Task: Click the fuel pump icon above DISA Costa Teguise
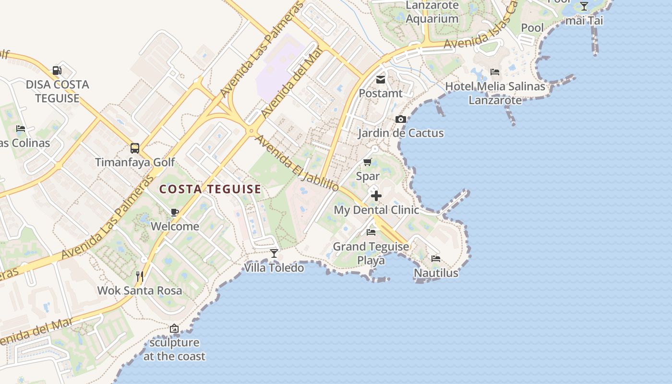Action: click(x=57, y=71)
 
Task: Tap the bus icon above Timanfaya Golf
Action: click(x=135, y=148)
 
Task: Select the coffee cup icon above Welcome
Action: click(x=175, y=212)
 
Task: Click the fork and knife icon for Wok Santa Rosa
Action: click(x=140, y=276)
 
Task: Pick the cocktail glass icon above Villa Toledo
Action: click(x=274, y=253)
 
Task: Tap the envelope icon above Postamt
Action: click(x=381, y=79)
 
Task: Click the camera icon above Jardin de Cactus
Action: click(x=400, y=119)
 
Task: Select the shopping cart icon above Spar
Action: click(x=368, y=162)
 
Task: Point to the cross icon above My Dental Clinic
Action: click(x=376, y=196)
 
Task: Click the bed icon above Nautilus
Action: click(x=436, y=259)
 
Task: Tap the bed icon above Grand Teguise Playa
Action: click(x=371, y=232)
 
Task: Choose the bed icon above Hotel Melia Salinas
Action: click(x=495, y=72)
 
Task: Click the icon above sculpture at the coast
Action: click(x=174, y=329)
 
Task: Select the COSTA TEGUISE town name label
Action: click(x=210, y=189)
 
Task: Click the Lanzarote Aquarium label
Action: click(x=432, y=12)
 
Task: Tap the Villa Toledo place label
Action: click(x=274, y=267)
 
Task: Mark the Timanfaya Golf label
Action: click(x=135, y=162)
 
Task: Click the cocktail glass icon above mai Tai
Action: click(x=584, y=6)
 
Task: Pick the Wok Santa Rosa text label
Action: click(x=140, y=290)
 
